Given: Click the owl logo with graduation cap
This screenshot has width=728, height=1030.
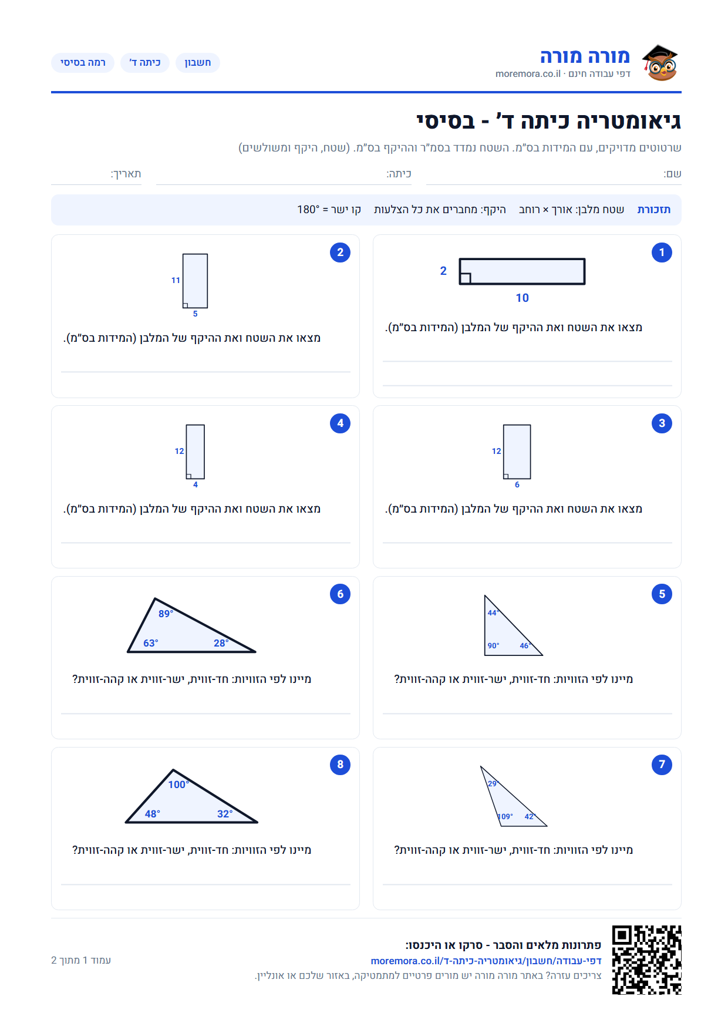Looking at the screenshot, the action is [x=660, y=62].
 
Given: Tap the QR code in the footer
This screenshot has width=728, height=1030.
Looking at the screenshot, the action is [x=646, y=960].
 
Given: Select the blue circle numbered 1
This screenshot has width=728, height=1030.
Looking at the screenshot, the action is [x=662, y=253].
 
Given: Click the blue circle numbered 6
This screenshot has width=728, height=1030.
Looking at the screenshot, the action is [x=340, y=594].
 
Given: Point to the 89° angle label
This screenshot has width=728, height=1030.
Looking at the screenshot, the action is [x=166, y=614].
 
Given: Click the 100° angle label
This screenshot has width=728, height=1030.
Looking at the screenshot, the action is [x=178, y=785].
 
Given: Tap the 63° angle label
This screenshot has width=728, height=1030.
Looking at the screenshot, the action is [x=151, y=643].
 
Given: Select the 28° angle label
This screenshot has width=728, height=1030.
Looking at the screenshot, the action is [x=221, y=643].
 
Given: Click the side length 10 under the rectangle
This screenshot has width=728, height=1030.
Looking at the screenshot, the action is [x=523, y=298].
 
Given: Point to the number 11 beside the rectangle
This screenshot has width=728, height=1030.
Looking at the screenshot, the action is [x=176, y=280].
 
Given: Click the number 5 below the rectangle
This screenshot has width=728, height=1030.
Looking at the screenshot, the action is [x=196, y=314].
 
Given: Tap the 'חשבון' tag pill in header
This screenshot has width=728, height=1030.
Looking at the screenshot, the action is [x=198, y=63].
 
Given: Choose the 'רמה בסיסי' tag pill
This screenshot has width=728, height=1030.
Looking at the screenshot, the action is [x=83, y=63].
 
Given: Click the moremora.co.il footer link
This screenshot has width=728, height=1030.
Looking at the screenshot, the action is [x=486, y=961].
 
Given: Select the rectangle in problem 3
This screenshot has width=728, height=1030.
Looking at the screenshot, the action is [x=517, y=452].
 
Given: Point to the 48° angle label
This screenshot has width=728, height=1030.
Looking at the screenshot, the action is [x=153, y=814].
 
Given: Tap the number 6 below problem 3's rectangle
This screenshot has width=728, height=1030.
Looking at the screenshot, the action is [x=517, y=484].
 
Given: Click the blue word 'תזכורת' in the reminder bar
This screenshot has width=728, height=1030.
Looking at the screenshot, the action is [x=654, y=210].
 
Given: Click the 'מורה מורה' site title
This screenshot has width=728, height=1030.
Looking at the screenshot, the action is [x=585, y=56].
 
